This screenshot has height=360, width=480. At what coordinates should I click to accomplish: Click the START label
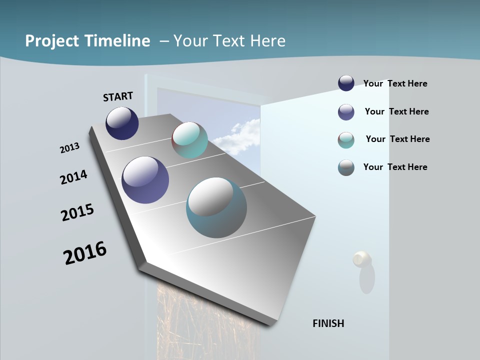[x=118, y=96]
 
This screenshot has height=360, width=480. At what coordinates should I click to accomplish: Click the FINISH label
[x=328, y=323]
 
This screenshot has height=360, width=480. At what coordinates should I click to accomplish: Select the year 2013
[x=70, y=148]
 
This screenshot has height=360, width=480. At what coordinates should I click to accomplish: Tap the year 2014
[x=74, y=177]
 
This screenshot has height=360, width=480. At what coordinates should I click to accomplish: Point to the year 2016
[x=85, y=253]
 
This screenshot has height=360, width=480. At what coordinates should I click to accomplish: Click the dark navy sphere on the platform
[x=122, y=123]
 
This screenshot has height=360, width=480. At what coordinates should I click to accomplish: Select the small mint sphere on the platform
[x=189, y=140]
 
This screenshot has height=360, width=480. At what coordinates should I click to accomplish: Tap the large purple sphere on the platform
[x=145, y=180]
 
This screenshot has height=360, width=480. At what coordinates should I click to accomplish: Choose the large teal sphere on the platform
[x=216, y=207]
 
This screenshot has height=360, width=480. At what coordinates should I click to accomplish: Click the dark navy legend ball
[x=346, y=83]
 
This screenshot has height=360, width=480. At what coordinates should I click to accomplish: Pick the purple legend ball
[x=346, y=112]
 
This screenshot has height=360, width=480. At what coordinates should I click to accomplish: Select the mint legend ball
[x=346, y=140]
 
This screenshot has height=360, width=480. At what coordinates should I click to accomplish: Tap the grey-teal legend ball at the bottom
[x=346, y=167]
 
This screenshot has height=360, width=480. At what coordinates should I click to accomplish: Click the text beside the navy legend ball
[x=395, y=83]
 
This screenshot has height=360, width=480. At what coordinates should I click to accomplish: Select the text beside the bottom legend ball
[x=395, y=167]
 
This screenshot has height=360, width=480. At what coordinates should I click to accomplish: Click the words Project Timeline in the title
[x=87, y=41]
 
